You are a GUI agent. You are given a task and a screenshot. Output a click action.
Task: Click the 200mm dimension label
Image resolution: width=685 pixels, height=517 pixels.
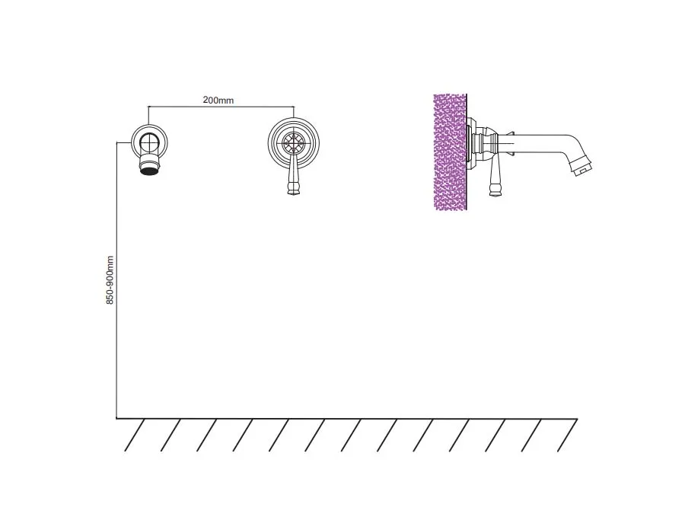(218, 100)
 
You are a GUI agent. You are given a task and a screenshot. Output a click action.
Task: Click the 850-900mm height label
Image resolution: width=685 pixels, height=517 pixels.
(110, 280)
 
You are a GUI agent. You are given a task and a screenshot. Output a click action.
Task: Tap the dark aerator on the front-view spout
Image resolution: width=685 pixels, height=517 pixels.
(150, 171)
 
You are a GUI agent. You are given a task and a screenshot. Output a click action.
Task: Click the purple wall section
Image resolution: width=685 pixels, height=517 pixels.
(450, 152)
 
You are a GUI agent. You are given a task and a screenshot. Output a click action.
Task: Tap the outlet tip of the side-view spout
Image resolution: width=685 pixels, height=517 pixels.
(583, 168)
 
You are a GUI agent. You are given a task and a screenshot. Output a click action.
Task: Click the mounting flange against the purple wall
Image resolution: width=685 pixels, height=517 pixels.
(471, 143)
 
